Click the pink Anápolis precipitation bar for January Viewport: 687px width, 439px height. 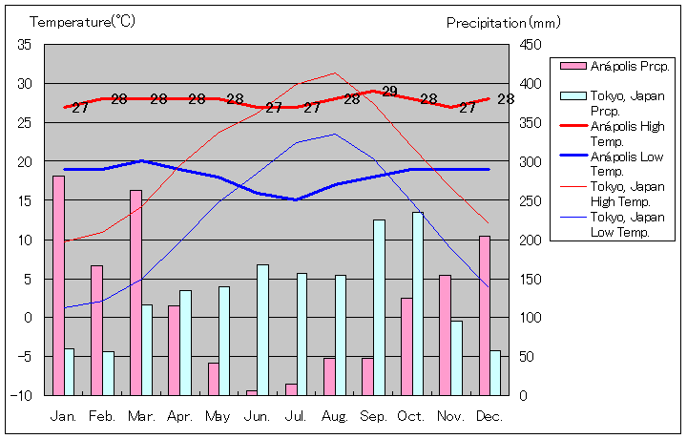[58, 285]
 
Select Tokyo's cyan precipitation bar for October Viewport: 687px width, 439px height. [418, 303]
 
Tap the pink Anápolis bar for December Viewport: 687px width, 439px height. [485, 315]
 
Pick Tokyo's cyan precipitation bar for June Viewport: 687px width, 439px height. [262, 329]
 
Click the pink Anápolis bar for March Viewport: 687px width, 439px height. [135, 292]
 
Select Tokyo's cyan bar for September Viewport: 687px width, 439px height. [379, 307]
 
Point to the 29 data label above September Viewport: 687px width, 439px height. [389, 92]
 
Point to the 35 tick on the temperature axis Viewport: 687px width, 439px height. [25, 45]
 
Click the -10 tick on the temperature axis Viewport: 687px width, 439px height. [23, 395]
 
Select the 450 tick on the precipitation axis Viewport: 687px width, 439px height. [531, 45]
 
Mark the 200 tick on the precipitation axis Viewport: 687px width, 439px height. [531, 240]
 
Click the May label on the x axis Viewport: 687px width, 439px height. [218, 416]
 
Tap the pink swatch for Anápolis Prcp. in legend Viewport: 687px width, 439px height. [572, 66]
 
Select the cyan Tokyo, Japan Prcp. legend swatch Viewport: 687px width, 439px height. [572, 96]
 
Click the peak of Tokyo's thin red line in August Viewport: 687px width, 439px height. [334, 73]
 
